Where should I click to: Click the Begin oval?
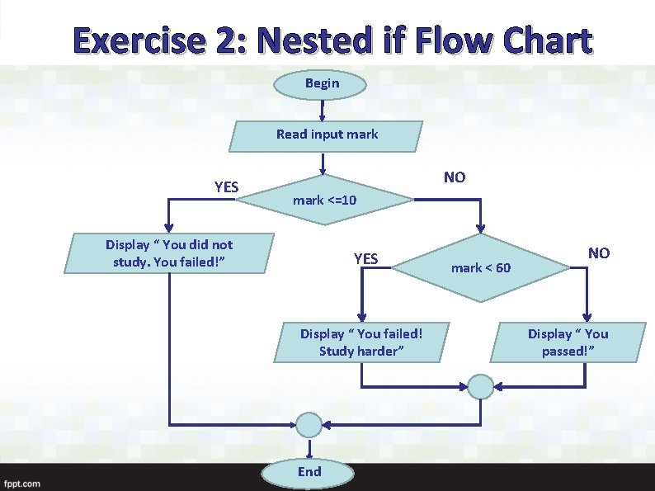[x=322, y=83]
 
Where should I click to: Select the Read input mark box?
[x=327, y=135]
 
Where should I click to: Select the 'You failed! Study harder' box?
[x=361, y=342]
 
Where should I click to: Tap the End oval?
[x=309, y=472]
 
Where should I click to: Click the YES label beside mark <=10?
[x=226, y=187]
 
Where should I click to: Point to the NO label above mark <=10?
[x=454, y=177]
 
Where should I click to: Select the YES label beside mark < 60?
[x=365, y=259]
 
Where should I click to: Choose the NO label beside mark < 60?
[x=598, y=253]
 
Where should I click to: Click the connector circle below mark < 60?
[x=481, y=385]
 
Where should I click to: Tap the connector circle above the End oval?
[x=309, y=425]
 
